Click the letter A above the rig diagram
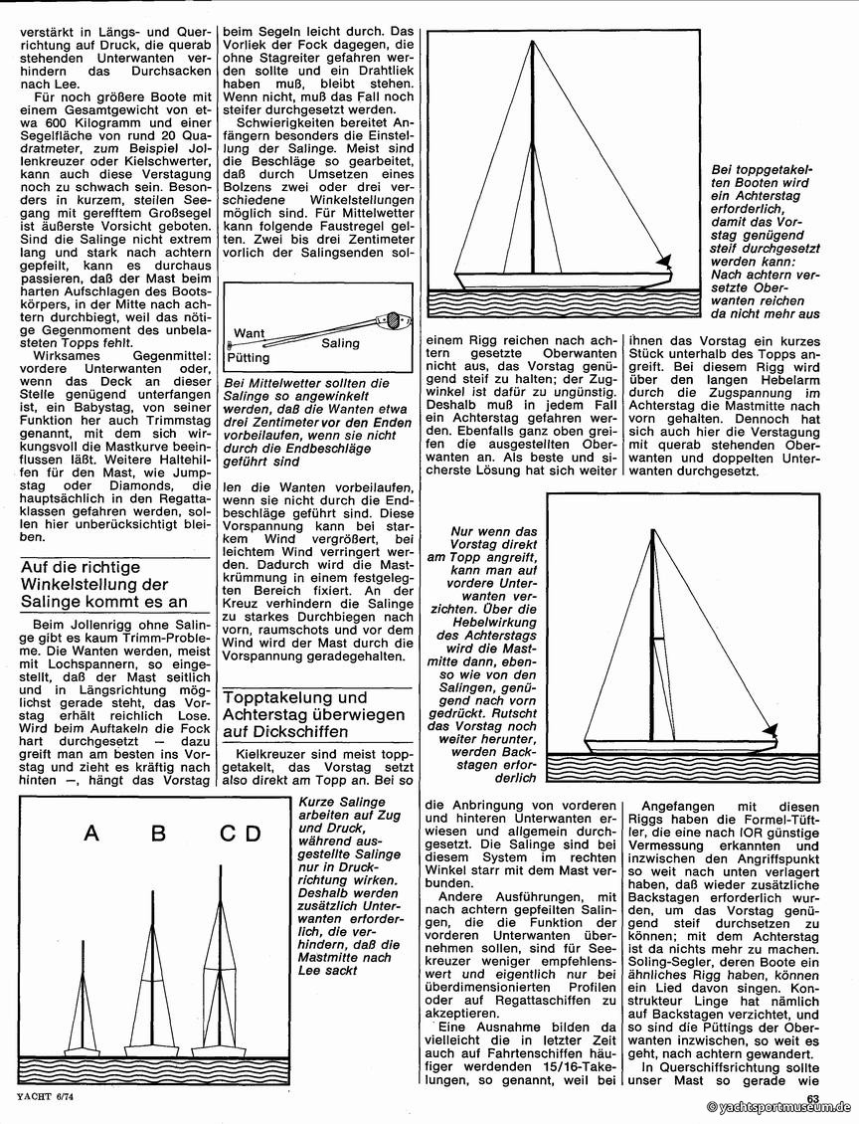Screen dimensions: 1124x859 [90, 834]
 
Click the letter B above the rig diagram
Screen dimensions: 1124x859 [158, 834]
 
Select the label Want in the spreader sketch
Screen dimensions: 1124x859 [248, 332]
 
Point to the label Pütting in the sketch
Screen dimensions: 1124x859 [249, 355]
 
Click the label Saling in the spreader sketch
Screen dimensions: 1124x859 [340, 343]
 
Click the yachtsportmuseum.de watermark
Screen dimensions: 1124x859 [780, 1107]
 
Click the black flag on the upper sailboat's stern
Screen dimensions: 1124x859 [663, 262]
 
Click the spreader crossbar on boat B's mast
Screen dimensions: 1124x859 [151, 982]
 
